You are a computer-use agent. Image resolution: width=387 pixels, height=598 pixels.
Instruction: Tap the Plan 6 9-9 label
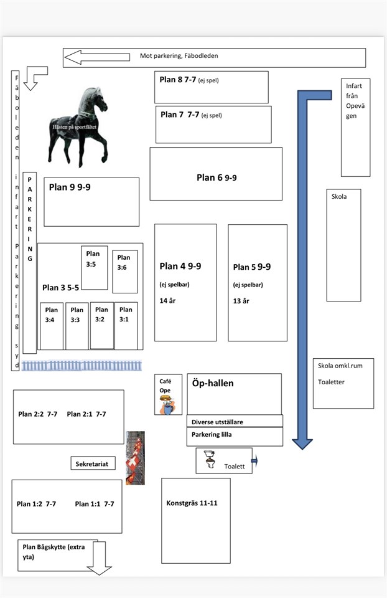(x=217, y=178)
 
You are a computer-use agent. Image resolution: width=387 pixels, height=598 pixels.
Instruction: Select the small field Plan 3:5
(x=95, y=268)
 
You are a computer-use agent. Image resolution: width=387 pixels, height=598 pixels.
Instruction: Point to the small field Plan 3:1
(x=126, y=326)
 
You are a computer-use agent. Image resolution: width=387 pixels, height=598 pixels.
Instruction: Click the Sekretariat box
(x=93, y=463)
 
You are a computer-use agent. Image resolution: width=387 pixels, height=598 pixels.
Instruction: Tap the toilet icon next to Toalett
(x=210, y=459)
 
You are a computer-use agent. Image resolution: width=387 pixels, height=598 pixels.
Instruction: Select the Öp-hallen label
(x=213, y=383)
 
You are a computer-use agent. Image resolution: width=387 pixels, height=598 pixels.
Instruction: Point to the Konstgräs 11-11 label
(x=192, y=503)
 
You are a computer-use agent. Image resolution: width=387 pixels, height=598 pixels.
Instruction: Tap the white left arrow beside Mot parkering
(x=97, y=57)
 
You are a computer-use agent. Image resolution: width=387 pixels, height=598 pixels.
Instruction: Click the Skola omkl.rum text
(x=340, y=366)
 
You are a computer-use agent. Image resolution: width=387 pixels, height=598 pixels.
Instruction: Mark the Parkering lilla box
(x=235, y=436)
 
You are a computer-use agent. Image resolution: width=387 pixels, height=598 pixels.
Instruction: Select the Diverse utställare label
(x=217, y=422)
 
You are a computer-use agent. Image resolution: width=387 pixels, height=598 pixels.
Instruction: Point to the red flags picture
(x=135, y=458)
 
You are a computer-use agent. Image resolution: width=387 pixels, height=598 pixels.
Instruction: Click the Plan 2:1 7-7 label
(x=86, y=414)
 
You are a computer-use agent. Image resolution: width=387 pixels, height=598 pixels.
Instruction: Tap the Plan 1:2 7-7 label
(x=36, y=504)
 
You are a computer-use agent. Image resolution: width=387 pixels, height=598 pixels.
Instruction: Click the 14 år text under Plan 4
(x=167, y=301)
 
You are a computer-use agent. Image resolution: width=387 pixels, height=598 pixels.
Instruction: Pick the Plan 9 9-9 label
(x=70, y=187)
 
